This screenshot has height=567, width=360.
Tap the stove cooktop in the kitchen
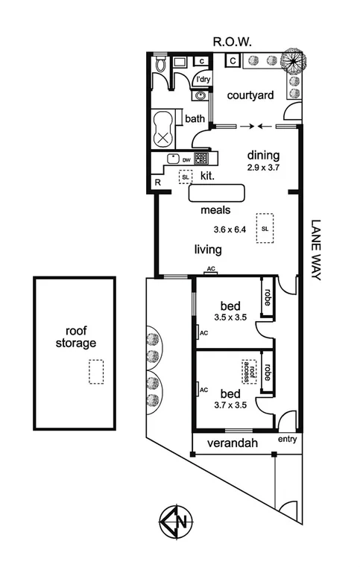click(201, 158)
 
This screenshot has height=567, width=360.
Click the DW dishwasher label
click(186, 159)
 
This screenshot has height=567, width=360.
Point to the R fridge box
click(158, 182)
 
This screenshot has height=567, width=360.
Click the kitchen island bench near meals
click(217, 194)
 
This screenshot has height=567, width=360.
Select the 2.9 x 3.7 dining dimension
click(263, 168)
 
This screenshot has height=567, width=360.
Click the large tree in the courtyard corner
click(294, 60)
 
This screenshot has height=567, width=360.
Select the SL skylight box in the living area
click(265, 228)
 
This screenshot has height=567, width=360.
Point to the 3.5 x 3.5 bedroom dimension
click(229, 317)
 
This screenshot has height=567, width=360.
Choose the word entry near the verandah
click(287, 440)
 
